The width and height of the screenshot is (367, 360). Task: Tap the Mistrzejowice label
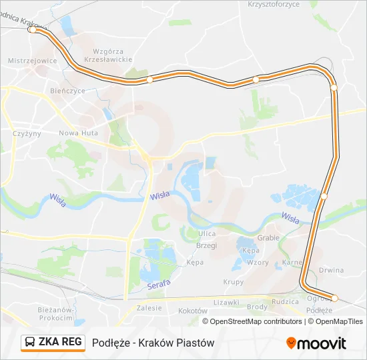click(x=31, y=61)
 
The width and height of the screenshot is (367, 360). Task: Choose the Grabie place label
click(x=268, y=237)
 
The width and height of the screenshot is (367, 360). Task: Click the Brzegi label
click(x=207, y=245)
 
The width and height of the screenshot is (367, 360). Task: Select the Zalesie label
click(x=149, y=308)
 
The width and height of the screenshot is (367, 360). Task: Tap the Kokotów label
click(x=194, y=311)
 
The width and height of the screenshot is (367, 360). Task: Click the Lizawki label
click(x=226, y=302)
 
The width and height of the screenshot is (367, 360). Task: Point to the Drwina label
click(x=331, y=271)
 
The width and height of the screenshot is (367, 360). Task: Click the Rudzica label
click(x=286, y=301)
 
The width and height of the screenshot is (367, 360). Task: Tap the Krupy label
click(x=234, y=282)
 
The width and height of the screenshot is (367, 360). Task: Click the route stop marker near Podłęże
click(x=335, y=298)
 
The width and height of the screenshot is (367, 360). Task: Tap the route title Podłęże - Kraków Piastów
click(x=153, y=343)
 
